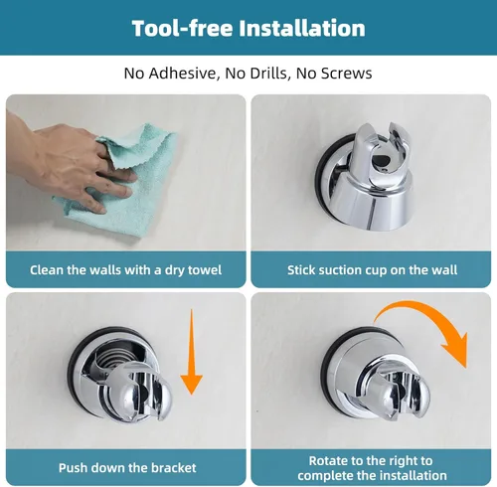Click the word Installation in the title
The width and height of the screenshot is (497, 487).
pos(302,28)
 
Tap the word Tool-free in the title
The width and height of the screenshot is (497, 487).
pos(183,28)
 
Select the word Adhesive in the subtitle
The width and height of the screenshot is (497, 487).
pos(184,74)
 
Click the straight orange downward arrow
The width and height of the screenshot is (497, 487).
pos(191,352)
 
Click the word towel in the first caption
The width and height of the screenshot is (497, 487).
pos(205,270)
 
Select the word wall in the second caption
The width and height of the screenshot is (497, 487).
pos(445,270)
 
